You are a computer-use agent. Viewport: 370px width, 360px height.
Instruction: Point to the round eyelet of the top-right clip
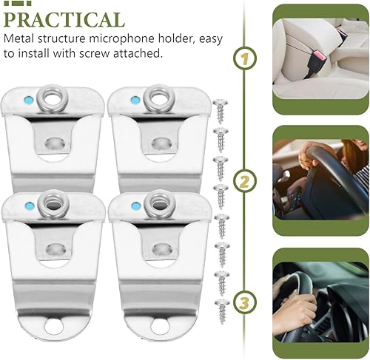click(x=158, y=95)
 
